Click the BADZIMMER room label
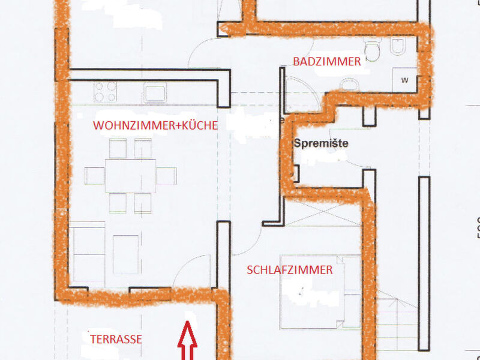[x=327, y=62]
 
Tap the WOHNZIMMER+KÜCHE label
[x=155, y=125]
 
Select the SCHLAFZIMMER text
[x=290, y=270]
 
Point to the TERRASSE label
[x=116, y=339]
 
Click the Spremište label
[x=321, y=143]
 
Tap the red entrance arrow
[x=187, y=340]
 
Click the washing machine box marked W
[x=404, y=80]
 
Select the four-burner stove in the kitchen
[x=106, y=92]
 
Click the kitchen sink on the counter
[x=155, y=92]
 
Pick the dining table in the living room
[x=130, y=176]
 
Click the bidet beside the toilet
[x=398, y=46]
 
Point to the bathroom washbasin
[x=349, y=85]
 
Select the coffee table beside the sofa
[x=126, y=254]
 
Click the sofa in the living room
[x=87, y=254]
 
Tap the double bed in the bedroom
[x=320, y=292]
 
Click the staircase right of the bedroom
[x=397, y=320]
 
